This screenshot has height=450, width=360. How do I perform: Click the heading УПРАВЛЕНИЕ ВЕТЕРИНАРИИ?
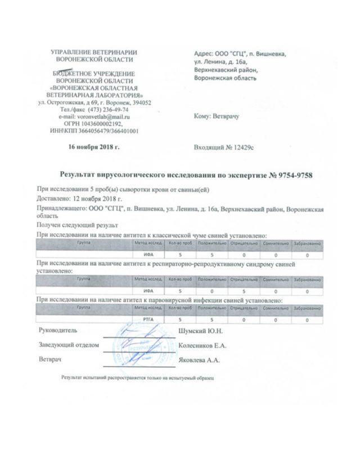click(94, 53)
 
